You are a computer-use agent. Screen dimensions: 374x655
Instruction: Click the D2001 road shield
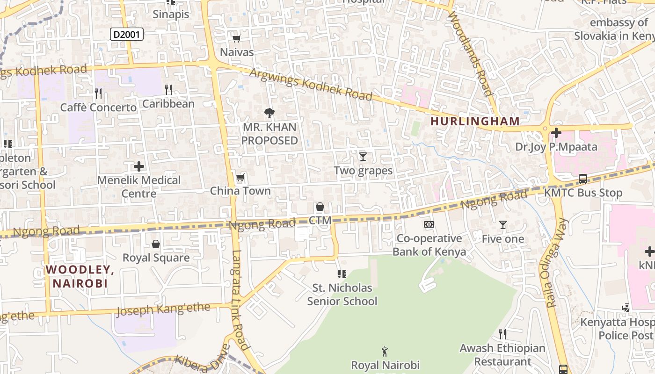[x=127, y=34]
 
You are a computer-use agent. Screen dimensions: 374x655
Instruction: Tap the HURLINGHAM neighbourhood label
[x=475, y=121]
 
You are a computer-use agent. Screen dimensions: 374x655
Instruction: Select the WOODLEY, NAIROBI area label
[x=80, y=276]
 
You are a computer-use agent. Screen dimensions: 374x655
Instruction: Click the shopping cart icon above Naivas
[x=237, y=38]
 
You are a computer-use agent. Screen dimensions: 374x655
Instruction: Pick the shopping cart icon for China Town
[x=240, y=177]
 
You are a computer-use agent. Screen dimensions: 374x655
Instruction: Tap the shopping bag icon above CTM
[x=320, y=207]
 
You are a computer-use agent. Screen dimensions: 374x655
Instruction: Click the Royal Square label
[x=156, y=258]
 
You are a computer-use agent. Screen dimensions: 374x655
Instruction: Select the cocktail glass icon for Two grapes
[x=363, y=157]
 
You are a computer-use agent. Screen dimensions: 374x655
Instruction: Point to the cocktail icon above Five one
[x=503, y=225]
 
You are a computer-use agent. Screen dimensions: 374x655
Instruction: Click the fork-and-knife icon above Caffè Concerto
[x=98, y=93]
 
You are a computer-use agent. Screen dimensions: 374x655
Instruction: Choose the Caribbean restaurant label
[x=168, y=103]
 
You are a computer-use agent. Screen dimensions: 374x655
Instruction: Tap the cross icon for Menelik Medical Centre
[x=139, y=166]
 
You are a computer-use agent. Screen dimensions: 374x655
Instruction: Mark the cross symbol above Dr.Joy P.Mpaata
[x=556, y=133]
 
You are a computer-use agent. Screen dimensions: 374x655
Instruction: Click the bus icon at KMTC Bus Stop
[x=583, y=179]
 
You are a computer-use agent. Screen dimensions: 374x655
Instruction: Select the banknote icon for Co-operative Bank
[x=429, y=224]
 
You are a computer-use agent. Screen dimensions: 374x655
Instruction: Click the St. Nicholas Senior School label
[x=342, y=294]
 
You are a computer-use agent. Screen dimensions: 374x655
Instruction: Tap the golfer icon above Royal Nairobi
[x=385, y=351]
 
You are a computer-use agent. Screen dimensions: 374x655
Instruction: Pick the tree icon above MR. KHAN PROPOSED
[x=269, y=113]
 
